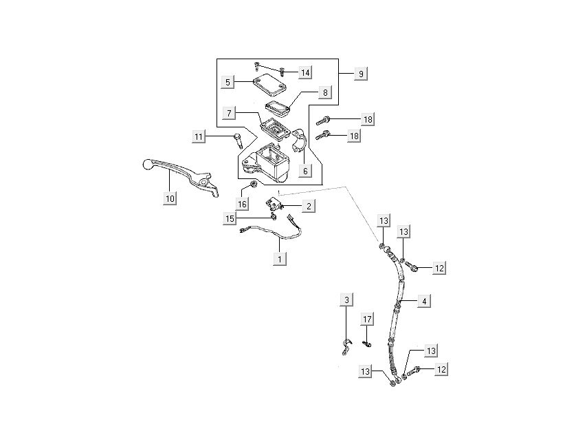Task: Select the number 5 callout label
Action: (226, 82)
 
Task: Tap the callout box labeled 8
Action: (325, 92)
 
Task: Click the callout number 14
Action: (304, 73)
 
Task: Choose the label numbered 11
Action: (199, 138)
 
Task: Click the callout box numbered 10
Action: (170, 198)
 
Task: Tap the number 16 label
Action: (243, 204)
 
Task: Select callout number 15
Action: (230, 218)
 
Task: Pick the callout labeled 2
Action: (309, 206)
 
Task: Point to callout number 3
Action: (347, 300)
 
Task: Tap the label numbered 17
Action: (368, 319)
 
